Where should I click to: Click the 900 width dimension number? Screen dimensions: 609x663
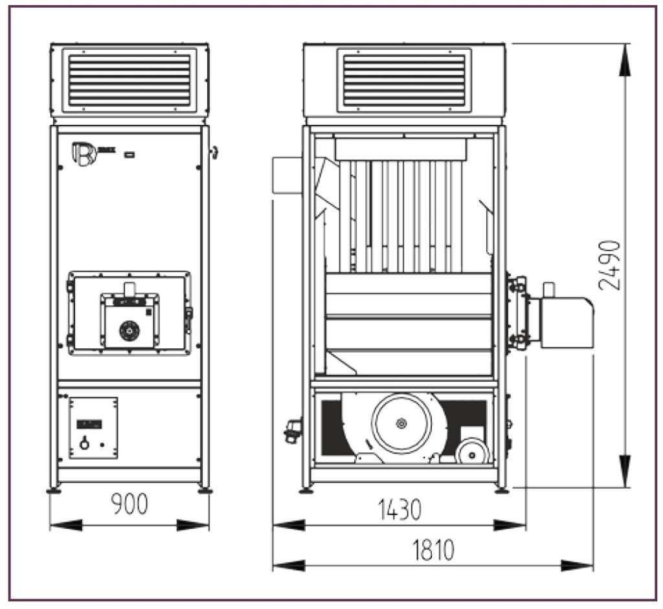(129, 504)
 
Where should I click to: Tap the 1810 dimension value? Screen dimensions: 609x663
(433, 549)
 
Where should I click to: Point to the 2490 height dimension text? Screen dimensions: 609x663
(609, 265)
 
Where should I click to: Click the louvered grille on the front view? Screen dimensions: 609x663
(129, 80)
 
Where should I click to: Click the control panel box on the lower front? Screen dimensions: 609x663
(93, 428)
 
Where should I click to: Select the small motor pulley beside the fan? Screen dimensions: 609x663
(471, 451)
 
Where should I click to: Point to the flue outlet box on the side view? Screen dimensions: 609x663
(287, 175)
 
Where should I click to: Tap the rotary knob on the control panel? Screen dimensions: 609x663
(84, 444)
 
